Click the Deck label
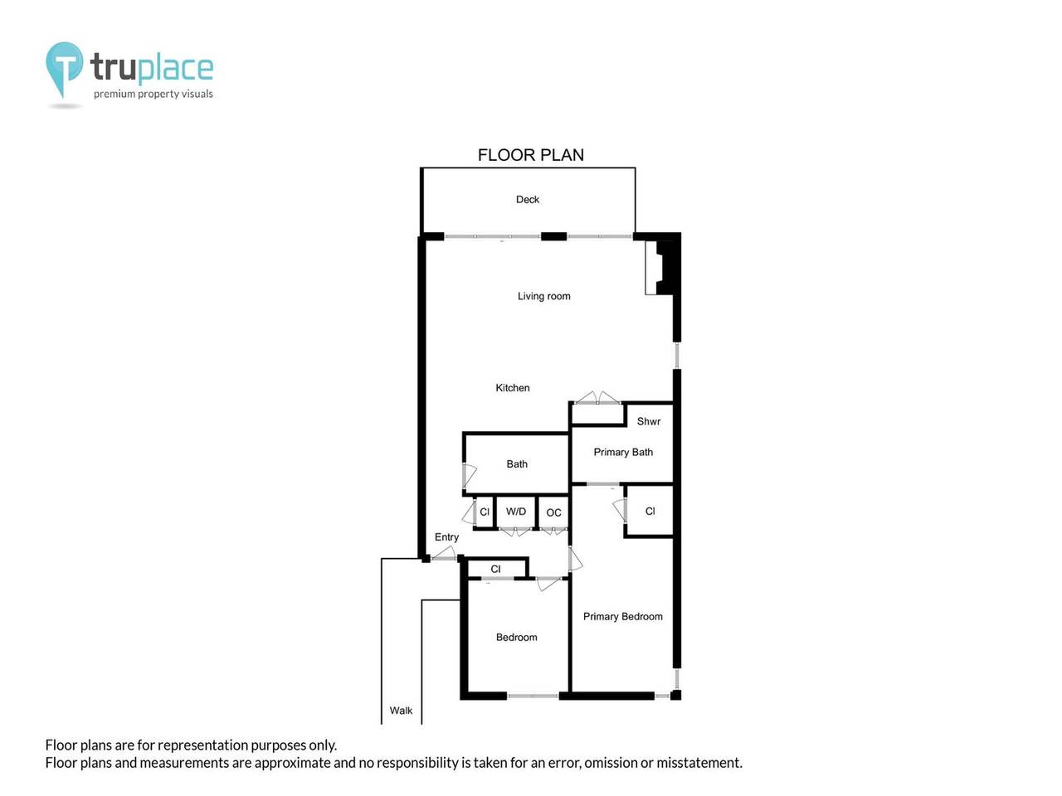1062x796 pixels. point(528,200)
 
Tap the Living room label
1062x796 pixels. point(543,296)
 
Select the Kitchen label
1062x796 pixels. point(512,388)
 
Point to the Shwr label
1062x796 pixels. point(649,421)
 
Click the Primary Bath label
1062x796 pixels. point(623,452)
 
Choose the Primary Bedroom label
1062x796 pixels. point(622,616)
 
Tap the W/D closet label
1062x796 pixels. point(516,512)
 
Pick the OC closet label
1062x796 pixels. point(553,512)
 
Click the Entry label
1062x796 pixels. point(446,537)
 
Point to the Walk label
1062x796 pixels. point(401,711)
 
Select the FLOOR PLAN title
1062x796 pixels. point(531,155)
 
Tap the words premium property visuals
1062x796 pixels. point(153,94)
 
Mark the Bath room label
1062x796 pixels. point(517,464)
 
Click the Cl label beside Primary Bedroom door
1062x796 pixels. point(650,512)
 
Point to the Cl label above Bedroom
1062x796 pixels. point(495,569)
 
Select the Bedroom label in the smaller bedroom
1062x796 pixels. point(516,638)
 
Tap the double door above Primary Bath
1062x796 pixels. point(597,399)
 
